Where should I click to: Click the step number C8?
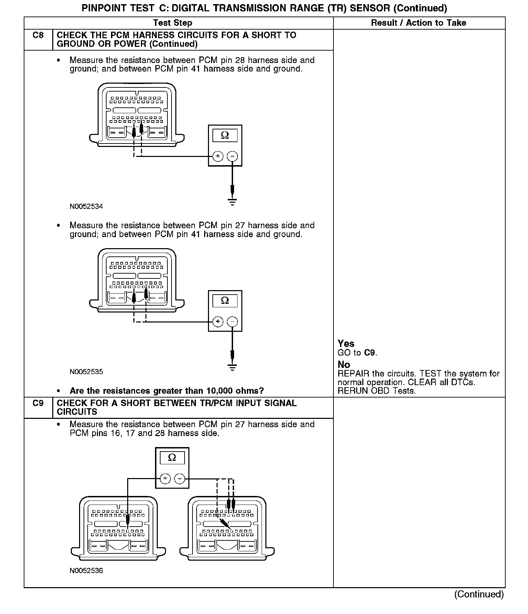(38, 35)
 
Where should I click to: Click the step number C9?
(38, 403)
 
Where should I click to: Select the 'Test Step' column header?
(173, 23)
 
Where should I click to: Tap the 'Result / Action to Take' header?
(418, 23)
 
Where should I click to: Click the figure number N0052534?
(86, 207)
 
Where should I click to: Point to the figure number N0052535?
(86, 372)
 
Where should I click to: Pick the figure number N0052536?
(86, 571)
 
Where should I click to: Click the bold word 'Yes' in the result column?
(346, 343)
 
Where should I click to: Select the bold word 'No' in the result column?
(344, 364)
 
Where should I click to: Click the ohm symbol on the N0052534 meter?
(225, 135)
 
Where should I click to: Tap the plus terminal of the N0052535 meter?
(218, 322)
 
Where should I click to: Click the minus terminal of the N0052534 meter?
(233, 157)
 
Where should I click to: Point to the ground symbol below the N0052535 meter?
(233, 367)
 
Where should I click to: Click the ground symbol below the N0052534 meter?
(233, 202)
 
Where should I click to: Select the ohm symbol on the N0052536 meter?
(172, 457)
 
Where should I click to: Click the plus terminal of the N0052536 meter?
(165, 479)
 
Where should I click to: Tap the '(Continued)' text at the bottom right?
(479, 594)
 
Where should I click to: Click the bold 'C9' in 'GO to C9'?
(370, 353)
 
